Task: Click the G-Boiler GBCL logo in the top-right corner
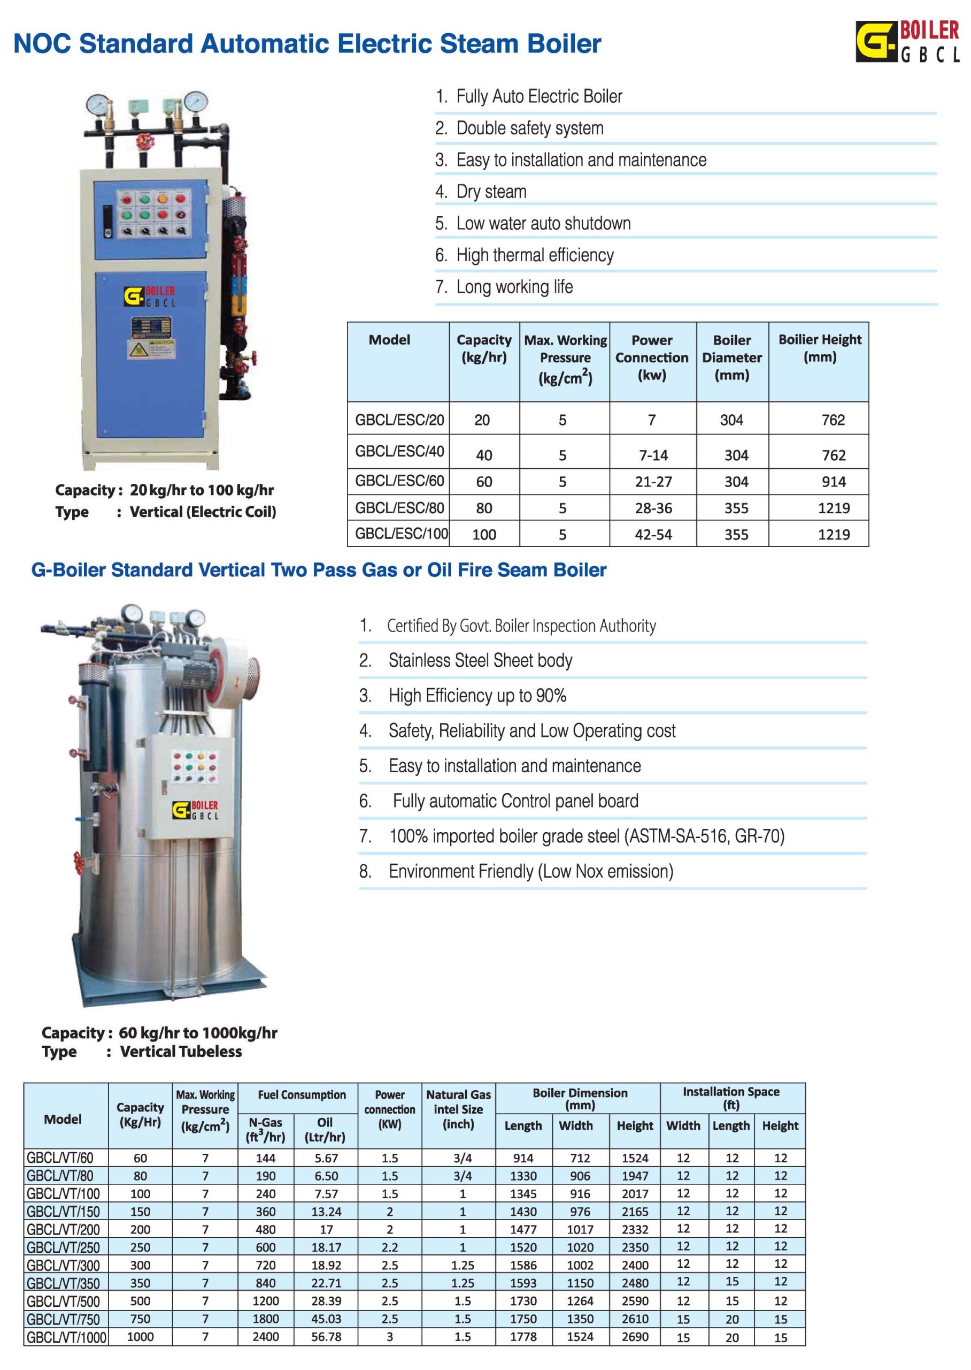click(x=907, y=41)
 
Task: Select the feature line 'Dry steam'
click(x=491, y=192)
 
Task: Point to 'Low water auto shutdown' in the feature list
click(x=543, y=224)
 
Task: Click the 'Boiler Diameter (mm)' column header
click(x=731, y=358)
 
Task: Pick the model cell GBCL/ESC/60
click(x=399, y=481)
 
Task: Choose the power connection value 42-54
click(x=653, y=534)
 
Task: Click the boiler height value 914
click(x=833, y=482)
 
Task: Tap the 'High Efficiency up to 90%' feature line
click(x=477, y=695)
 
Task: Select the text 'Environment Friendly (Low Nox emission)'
click(x=530, y=871)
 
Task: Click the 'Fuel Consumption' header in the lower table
click(x=302, y=1095)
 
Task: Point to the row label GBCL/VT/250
click(x=63, y=1247)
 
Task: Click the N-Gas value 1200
click(x=265, y=1300)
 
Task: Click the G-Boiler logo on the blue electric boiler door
click(x=150, y=296)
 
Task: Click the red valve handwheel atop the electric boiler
click(x=143, y=143)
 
